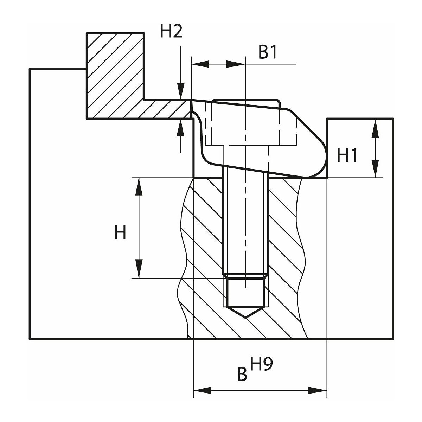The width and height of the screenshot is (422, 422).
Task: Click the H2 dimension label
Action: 171,32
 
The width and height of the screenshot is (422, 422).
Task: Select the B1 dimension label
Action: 268,53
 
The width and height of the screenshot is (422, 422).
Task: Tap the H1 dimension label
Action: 347,155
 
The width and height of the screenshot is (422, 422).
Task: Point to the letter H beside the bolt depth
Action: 120,233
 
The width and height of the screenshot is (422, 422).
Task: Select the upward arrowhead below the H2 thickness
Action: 181,127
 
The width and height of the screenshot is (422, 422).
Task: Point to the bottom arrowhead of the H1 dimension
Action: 376,170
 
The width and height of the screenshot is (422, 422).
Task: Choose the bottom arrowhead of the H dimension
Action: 139,270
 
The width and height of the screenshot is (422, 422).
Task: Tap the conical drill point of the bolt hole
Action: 245,312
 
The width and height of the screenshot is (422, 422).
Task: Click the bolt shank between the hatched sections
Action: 245,225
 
